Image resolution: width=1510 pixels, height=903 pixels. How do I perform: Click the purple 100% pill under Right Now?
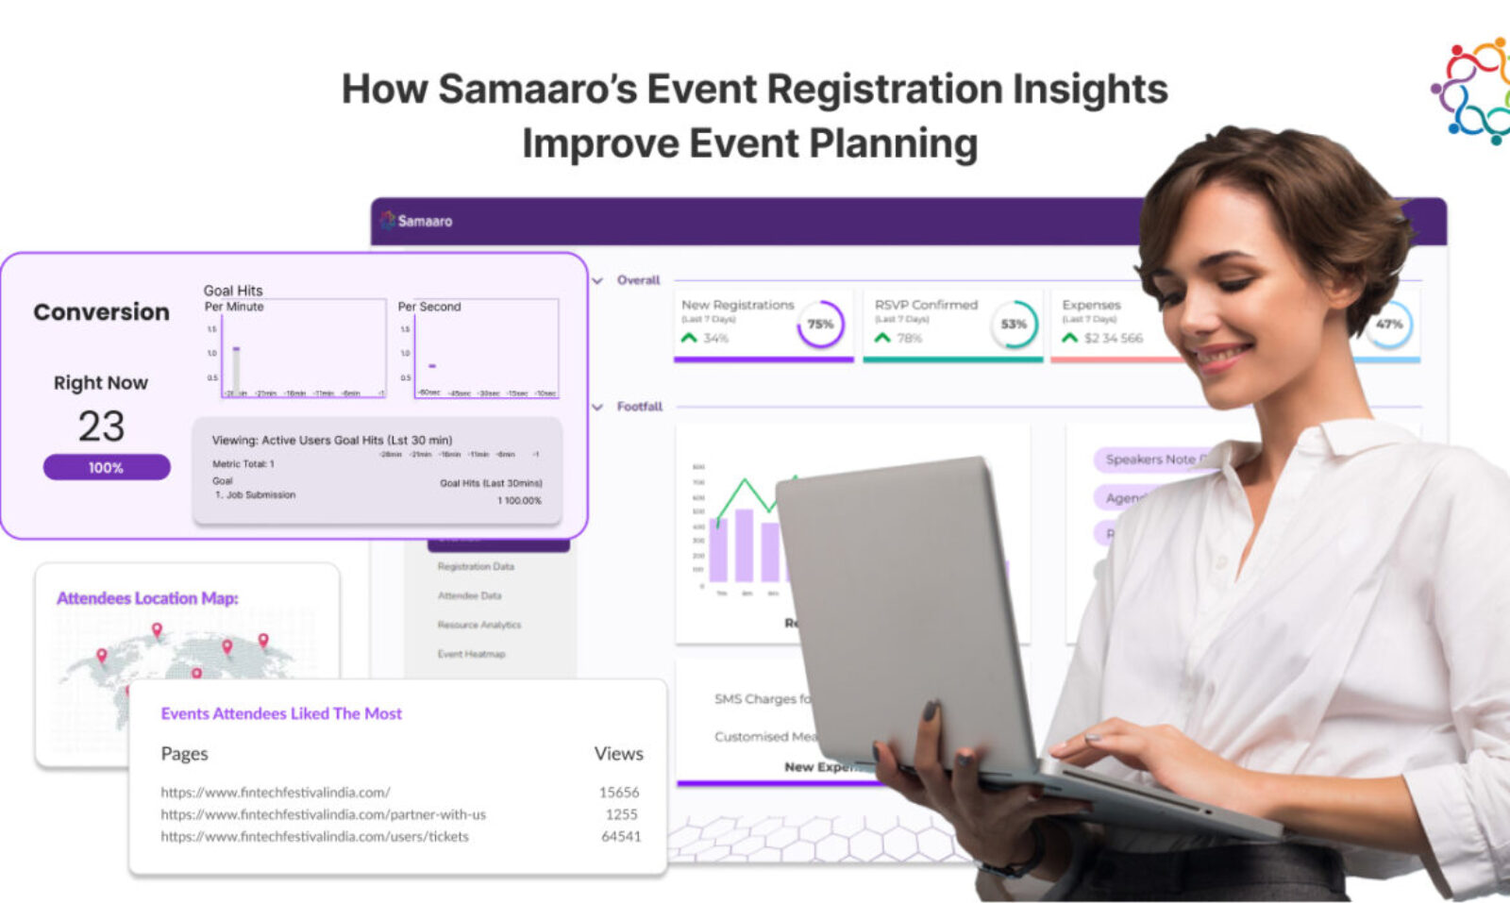107,467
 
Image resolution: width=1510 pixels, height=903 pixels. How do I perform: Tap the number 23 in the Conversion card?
101,426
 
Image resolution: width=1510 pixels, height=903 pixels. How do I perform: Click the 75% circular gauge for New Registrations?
820,325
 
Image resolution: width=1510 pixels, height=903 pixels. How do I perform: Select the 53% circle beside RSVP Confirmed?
1014,325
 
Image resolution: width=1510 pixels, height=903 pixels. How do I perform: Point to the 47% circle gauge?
1388,324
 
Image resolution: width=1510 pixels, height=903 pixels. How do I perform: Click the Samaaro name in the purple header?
425,221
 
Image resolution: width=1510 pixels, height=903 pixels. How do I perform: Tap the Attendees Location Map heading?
147,598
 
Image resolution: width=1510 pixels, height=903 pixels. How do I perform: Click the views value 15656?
619,793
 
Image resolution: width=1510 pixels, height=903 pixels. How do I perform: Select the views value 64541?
621,836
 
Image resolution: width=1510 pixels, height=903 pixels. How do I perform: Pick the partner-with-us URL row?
323,814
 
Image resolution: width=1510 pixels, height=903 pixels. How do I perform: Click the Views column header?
618,754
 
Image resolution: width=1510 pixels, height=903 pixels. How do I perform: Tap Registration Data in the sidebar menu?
476,566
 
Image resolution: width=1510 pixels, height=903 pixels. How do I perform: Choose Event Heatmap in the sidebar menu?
471,654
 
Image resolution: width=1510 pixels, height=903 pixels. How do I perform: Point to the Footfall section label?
639,407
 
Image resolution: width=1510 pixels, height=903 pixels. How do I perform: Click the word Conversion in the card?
101,312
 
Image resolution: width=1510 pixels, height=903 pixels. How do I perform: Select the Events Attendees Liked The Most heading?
281,713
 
